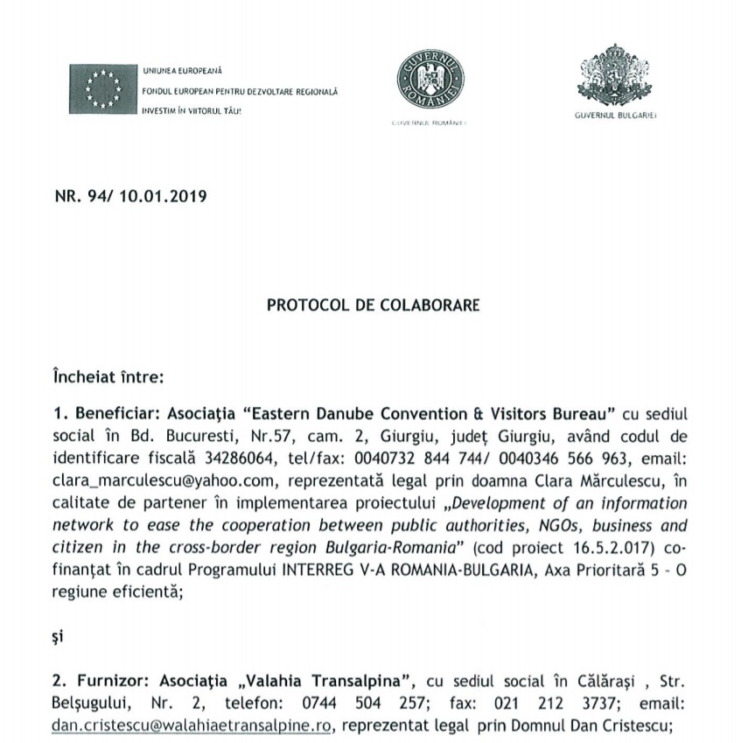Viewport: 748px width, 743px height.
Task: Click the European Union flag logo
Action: point(104,89)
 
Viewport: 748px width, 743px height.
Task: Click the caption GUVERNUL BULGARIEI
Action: point(615,116)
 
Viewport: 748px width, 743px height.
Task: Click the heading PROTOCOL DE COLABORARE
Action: point(374,306)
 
